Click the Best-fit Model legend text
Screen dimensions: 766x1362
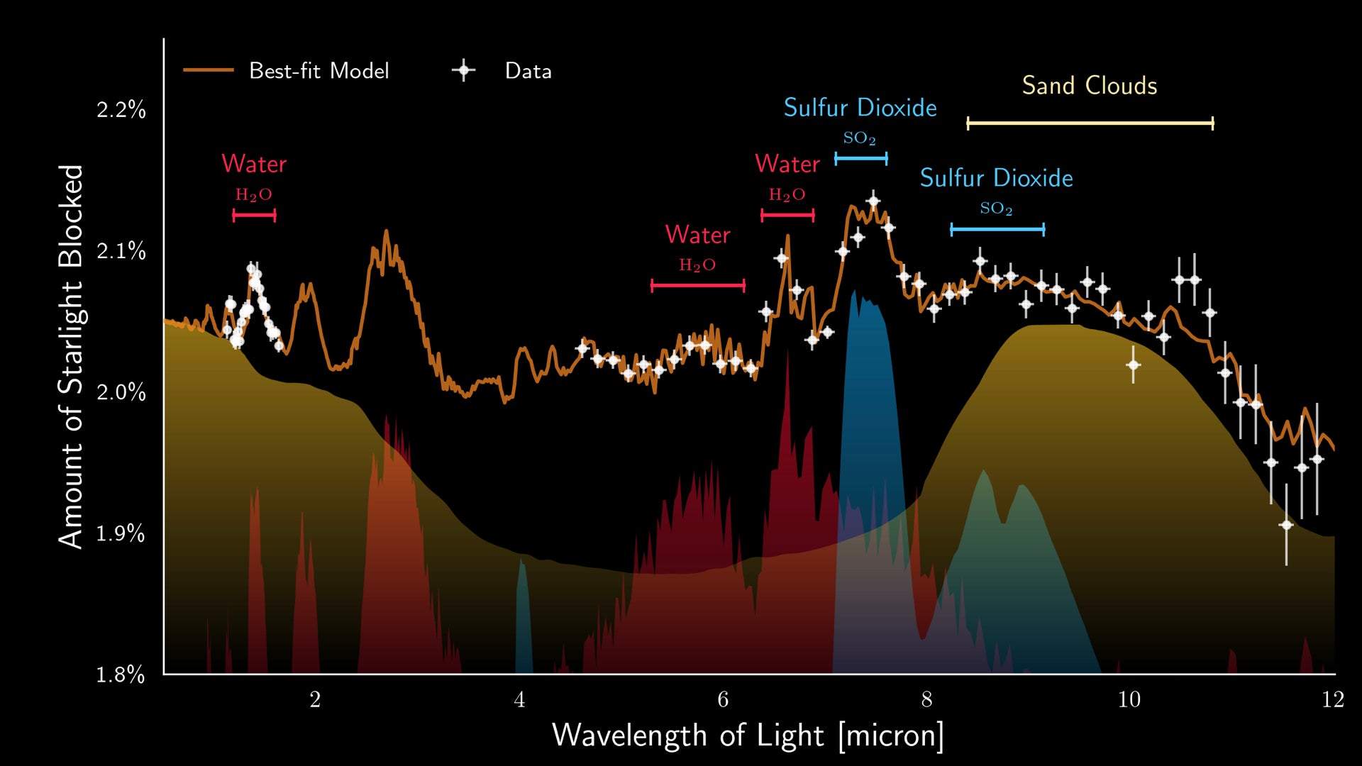coord(319,71)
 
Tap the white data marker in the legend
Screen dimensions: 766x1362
coord(463,70)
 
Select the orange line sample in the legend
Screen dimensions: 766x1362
coord(208,70)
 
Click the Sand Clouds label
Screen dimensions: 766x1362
coord(1089,86)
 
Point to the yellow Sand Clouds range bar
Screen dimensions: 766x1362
coord(1090,123)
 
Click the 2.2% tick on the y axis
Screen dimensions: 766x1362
coord(121,110)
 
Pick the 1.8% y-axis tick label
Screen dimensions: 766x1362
coord(121,675)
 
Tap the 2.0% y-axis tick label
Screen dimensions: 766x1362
coord(121,392)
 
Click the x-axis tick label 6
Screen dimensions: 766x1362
coord(723,700)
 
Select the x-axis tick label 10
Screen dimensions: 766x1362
coord(1129,700)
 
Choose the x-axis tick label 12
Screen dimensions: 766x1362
coord(1333,700)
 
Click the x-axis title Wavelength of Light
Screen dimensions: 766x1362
coord(748,736)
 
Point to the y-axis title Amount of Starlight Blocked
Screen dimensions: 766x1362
coord(71,356)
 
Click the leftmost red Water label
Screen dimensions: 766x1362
coord(254,164)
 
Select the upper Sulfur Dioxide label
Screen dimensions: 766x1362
coord(860,108)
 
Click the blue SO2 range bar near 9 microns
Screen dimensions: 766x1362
coord(997,229)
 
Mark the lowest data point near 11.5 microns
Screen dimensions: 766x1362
coord(1286,525)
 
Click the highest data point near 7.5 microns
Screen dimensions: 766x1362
coord(873,201)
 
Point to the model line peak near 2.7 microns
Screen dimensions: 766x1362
coord(386,231)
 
